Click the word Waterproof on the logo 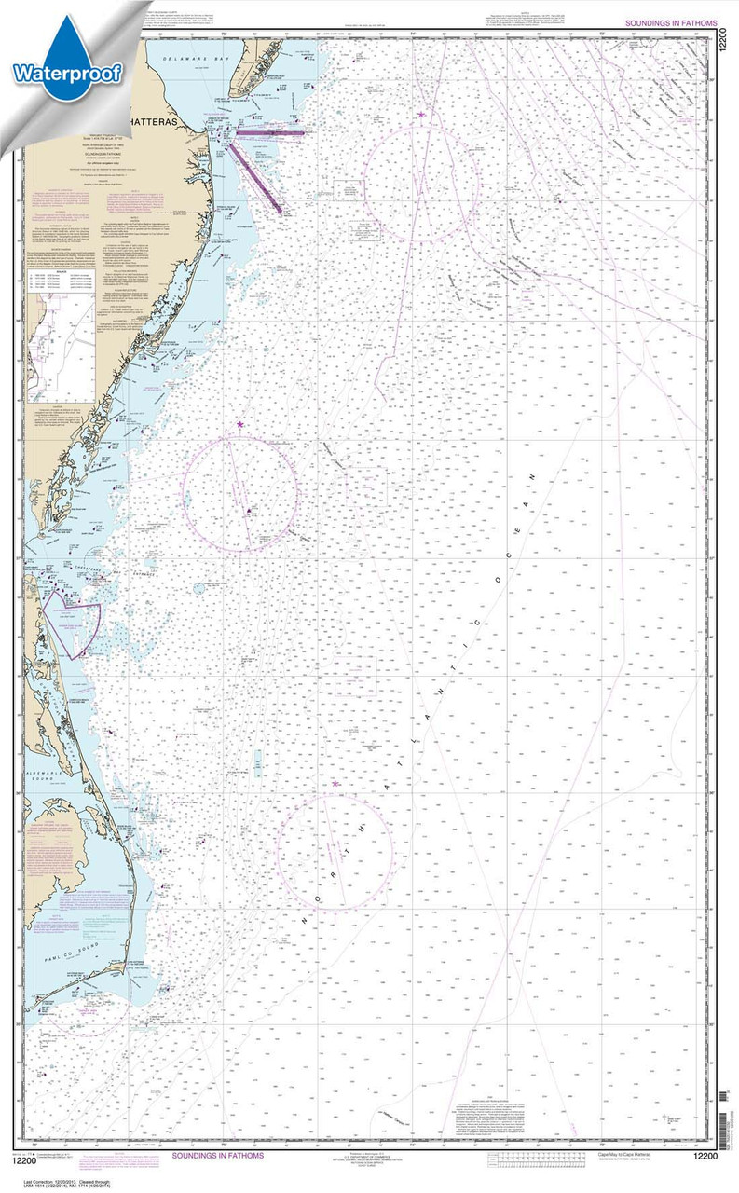pos(67,73)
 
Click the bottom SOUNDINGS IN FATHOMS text pos(217,1155)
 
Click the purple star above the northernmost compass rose pos(421,116)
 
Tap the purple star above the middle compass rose pos(240,425)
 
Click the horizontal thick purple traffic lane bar pos(270,133)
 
